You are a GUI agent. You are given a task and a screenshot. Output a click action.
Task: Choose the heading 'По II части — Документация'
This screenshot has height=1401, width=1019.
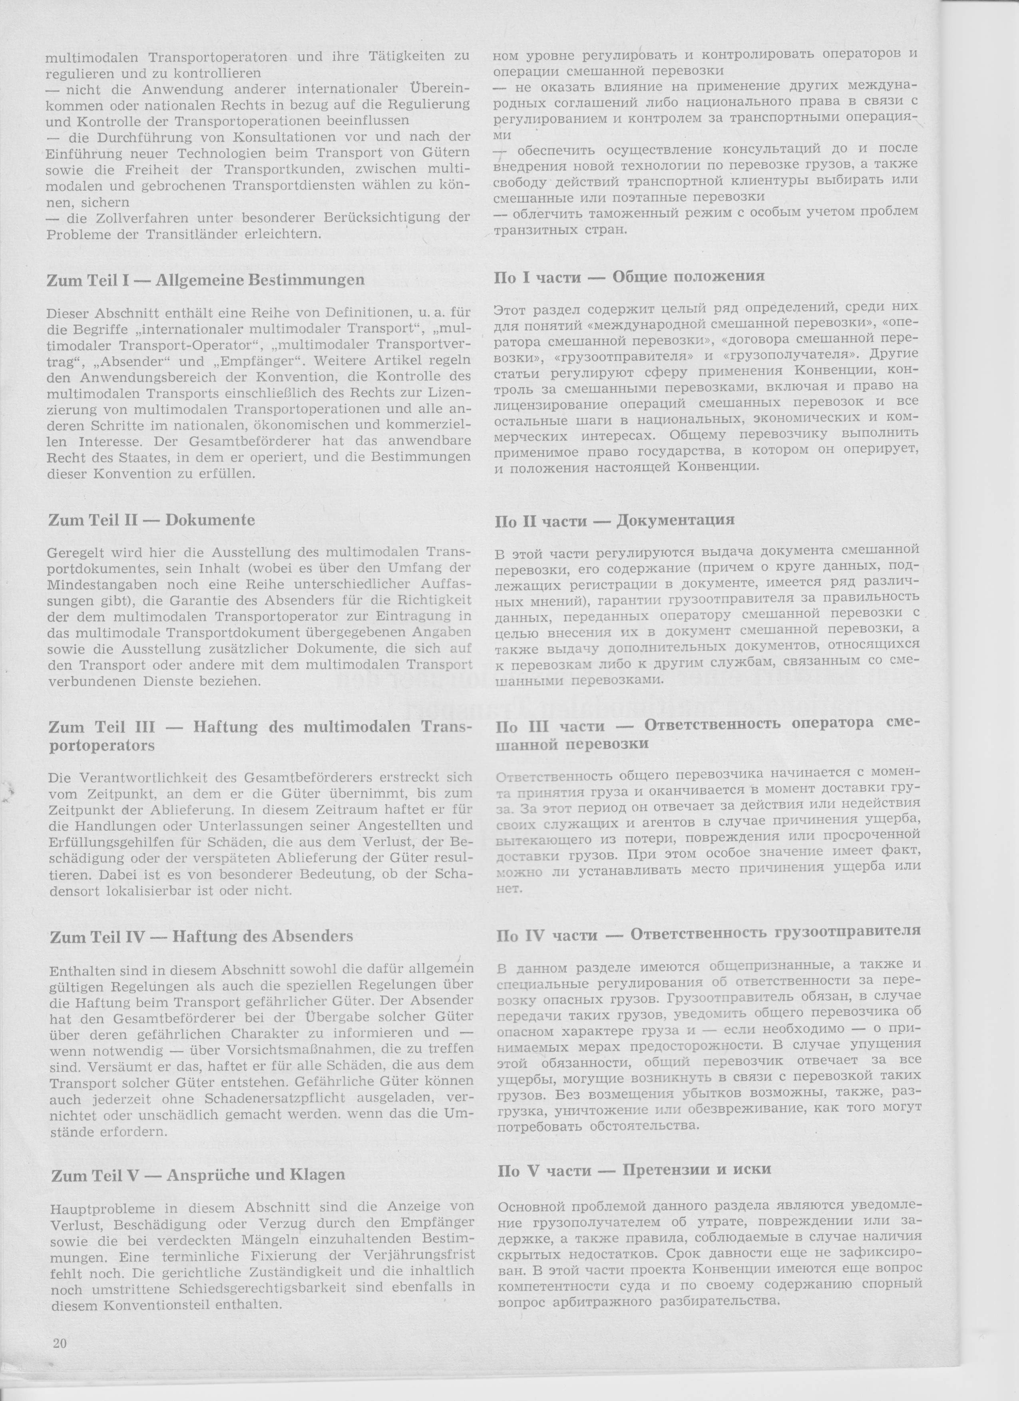pyautogui.click(x=615, y=520)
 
